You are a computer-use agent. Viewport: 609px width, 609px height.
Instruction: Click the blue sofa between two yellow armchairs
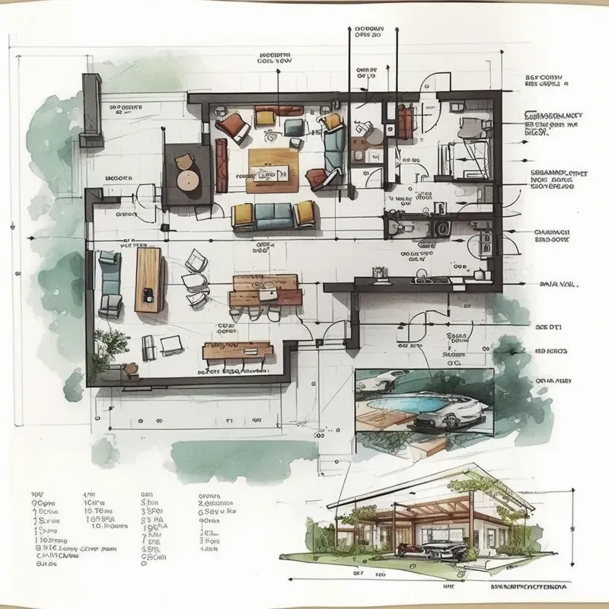click(x=273, y=216)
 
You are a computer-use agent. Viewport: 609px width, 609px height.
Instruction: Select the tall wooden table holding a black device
click(x=148, y=279)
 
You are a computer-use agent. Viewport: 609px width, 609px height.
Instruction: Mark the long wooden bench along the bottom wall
click(x=238, y=352)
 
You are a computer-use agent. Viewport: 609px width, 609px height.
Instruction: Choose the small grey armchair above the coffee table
click(x=292, y=126)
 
